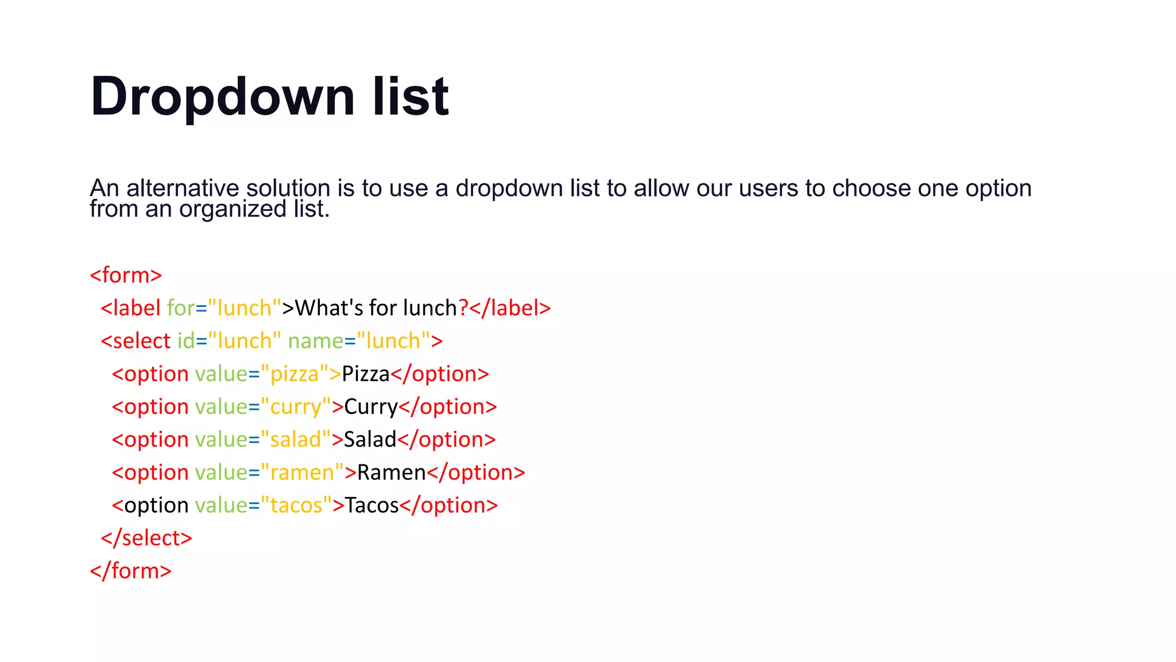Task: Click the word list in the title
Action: click(410, 97)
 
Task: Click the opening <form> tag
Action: click(126, 275)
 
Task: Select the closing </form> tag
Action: click(130, 571)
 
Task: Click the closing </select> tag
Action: click(146, 538)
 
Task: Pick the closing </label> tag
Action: click(510, 308)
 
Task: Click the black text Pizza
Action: click(365, 374)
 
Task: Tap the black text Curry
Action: click(371, 407)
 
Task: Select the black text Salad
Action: click(370, 440)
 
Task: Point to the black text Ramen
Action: click(391, 472)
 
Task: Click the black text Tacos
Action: click(372, 506)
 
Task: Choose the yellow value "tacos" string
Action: click(296, 506)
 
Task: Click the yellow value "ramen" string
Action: click(302, 472)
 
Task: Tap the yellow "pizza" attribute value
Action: click(295, 374)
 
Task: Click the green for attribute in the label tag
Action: click(180, 308)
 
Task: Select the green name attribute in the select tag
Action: click(315, 341)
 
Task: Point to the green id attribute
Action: click(185, 341)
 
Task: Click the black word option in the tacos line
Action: click(156, 506)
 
